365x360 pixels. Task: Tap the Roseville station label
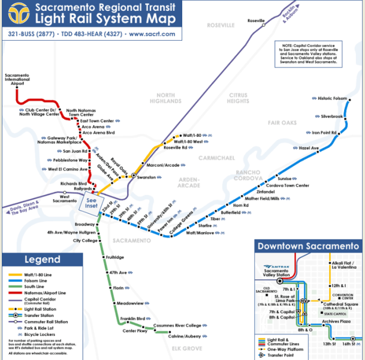click(256, 21)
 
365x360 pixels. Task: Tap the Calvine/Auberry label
click(185, 337)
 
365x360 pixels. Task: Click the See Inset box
click(91, 203)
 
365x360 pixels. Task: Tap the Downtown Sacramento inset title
click(307, 247)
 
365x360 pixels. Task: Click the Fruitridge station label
click(114, 257)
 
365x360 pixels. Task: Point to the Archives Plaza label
click(336, 322)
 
